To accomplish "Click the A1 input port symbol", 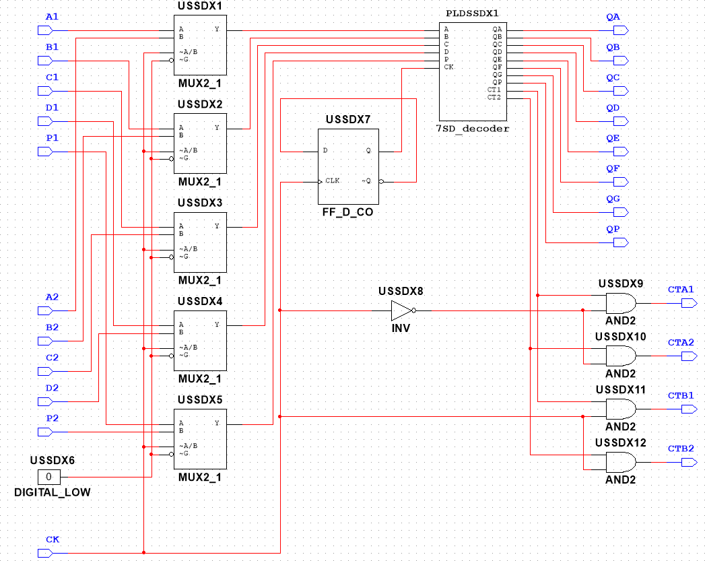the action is (45, 30).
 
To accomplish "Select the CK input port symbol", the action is (45, 553).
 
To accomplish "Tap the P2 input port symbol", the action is (45, 432).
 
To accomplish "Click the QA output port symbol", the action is (621, 30).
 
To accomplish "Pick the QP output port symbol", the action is (621, 242).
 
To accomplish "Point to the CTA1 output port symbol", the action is (690, 304).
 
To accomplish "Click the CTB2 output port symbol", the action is (690, 462).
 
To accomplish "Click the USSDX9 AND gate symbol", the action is (621, 304).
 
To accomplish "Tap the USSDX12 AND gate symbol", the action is (621, 462).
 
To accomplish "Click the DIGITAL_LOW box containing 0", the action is (49, 477).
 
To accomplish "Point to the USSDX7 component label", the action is (348, 120).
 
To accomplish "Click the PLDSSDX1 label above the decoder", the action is (472, 13).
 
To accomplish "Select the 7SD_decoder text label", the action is (473, 129).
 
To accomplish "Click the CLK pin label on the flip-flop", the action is (332, 180).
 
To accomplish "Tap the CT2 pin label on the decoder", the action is (494, 97).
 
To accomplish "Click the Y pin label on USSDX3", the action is (217, 226).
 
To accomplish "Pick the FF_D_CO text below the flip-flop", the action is (348, 212).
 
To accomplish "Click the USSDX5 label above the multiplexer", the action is (200, 399).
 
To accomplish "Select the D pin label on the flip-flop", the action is (325, 150).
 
